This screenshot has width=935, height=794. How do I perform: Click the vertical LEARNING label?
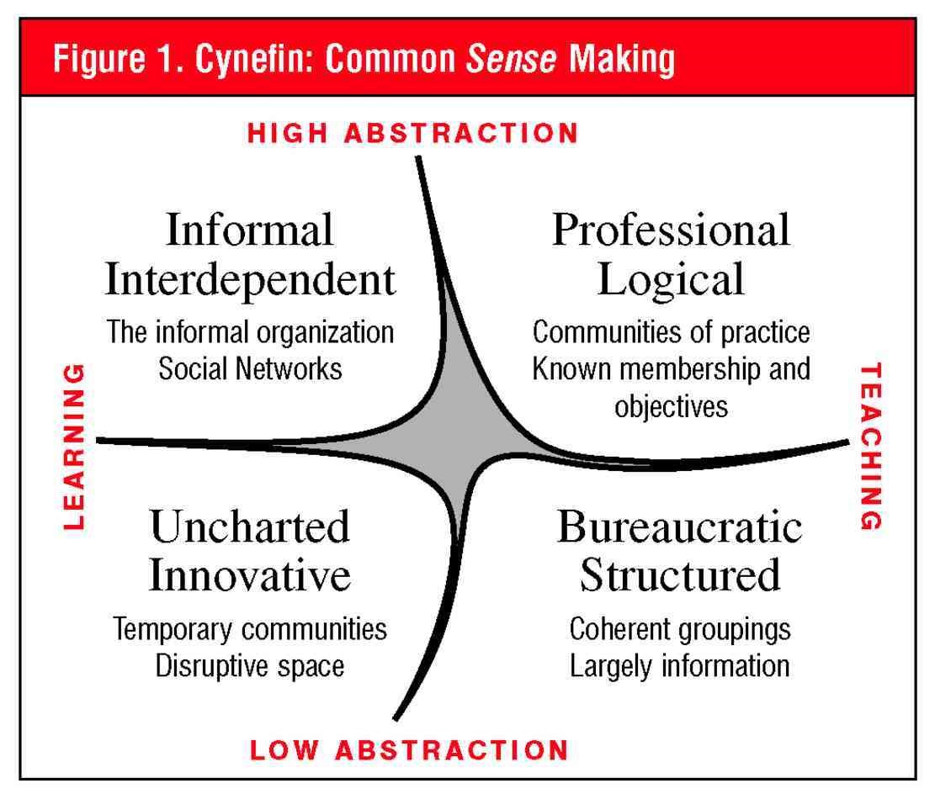pos(76,445)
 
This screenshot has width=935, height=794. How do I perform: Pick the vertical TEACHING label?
pos(872,446)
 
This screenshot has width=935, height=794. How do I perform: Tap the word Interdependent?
pos(249,280)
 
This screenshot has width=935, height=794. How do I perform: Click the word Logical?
pos(671,280)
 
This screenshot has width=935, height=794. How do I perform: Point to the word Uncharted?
pos(249,527)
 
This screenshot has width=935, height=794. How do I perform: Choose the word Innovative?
pos(249,577)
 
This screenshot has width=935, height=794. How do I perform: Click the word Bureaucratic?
pos(679,527)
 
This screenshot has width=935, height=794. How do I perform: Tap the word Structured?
pos(679,577)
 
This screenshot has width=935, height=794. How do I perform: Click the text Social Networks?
pos(250,369)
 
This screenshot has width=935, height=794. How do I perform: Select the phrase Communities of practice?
pos(671,332)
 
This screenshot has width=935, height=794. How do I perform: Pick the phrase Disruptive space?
pos(250,666)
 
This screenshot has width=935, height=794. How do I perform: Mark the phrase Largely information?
pos(679,666)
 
